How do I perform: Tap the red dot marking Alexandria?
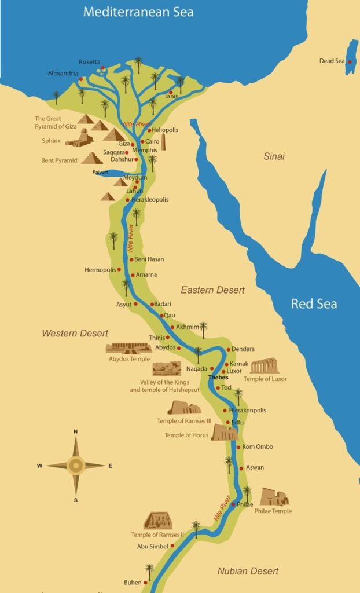[81, 79]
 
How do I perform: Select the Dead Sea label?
[332, 61]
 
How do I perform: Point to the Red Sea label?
[314, 303]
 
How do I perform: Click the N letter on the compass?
[76, 431]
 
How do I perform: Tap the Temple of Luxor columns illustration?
[264, 366]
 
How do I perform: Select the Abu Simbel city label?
[152, 546]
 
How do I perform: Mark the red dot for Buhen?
[145, 583]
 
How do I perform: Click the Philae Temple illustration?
[274, 497]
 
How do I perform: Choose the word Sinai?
[275, 156]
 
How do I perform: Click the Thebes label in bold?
[218, 378]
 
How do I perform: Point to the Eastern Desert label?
[212, 290]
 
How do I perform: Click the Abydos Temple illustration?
[128, 348]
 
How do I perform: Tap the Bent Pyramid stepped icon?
[91, 158]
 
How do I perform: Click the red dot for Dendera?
[229, 349]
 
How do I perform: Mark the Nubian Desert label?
[248, 571]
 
